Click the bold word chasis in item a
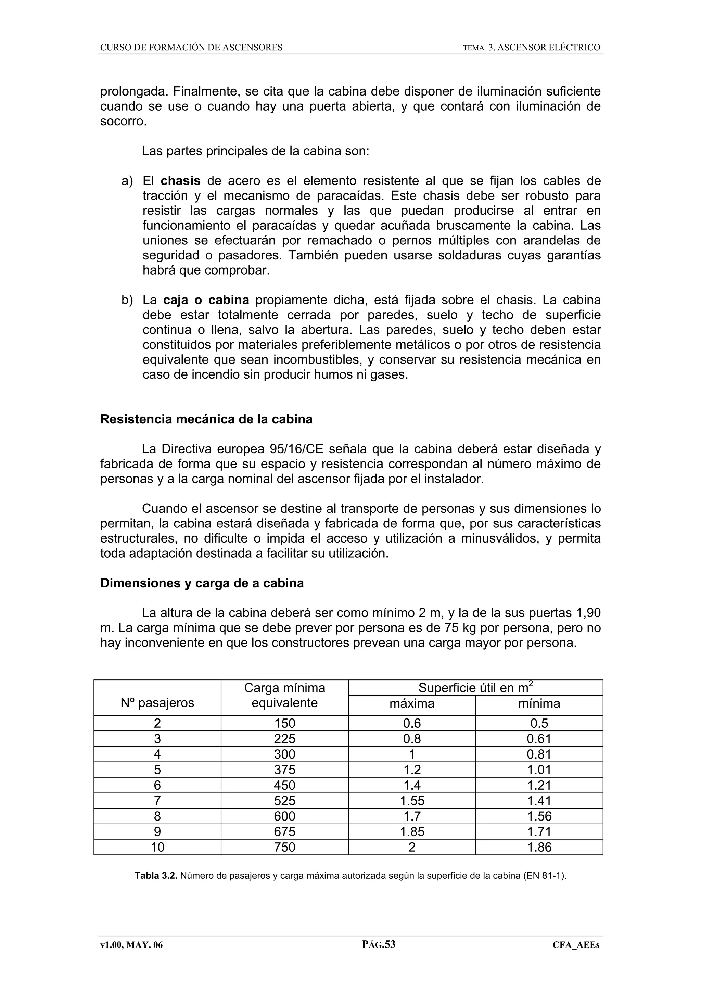coord(180,181)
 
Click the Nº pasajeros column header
coord(157,703)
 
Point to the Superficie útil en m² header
coord(475,687)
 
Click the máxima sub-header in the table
coord(412,703)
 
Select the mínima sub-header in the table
coord(539,703)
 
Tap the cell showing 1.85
coord(412,832)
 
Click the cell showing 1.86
coord(539,847)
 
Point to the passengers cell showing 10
coord(157,847)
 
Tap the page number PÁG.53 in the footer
coord(378,944)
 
